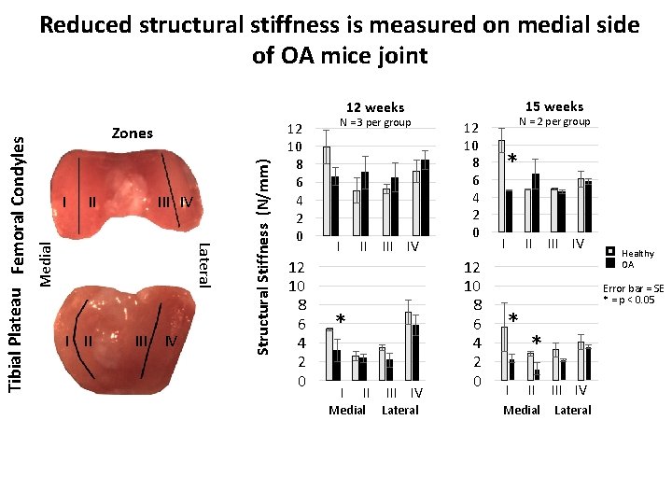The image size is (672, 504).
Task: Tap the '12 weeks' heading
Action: (x=374, y=107)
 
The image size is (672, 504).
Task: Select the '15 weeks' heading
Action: (x=554, y=106)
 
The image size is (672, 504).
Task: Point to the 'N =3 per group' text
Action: (x=374, y=123)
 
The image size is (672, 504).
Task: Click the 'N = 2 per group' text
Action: (x=554, y=122)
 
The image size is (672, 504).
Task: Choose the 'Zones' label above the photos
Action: (x=132, y=133)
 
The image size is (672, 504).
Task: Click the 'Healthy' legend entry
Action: (x=637, y=253)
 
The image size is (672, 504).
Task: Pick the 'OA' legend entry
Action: (x=628, y=264)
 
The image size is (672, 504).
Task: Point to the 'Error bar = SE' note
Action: (x=633, y=288)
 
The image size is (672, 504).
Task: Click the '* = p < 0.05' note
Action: (x=630, y=300)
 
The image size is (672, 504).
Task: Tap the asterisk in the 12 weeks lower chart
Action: (x=341, y=320)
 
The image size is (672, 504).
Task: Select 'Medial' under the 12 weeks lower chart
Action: (x=348, y=410)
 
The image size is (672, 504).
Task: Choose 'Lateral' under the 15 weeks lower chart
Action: (x=573, y=410)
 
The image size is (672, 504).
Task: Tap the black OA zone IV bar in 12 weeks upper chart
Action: (x=426, y=197)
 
